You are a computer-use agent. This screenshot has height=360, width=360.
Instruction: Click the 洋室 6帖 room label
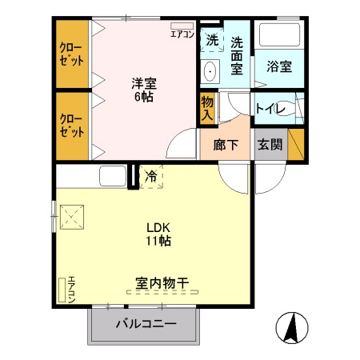click(143, 89)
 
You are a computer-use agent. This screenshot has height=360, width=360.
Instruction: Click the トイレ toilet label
click(269, 109)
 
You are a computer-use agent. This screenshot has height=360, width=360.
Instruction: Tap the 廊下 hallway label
click(226, 146)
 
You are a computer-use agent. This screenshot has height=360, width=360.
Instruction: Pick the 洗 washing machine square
click(211, 39)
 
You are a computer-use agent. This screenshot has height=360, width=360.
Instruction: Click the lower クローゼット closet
click(72, 126)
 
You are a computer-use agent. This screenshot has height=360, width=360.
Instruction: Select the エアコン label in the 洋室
click(182, 34)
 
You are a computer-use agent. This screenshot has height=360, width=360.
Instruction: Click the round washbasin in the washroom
click(210, 71)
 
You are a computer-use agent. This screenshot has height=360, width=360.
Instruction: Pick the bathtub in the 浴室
click(278, 37)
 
